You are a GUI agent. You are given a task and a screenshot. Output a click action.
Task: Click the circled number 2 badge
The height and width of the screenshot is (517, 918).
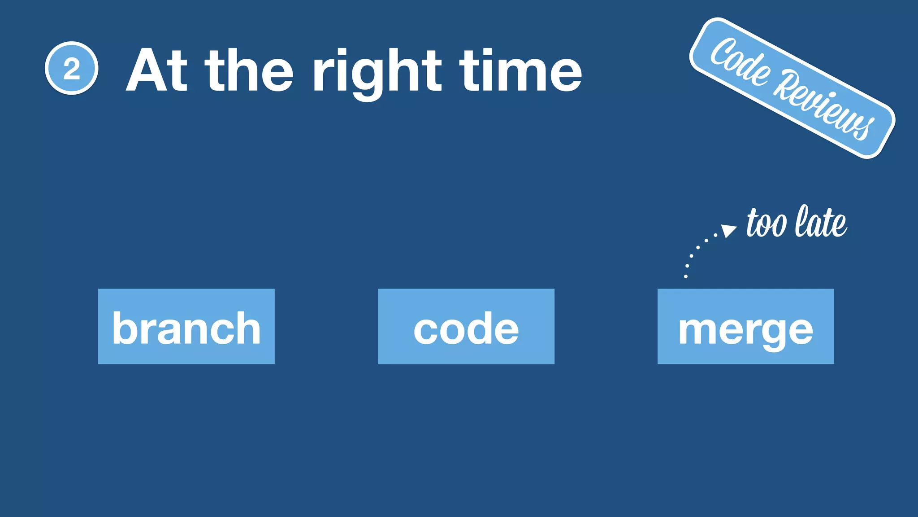pos(72,68)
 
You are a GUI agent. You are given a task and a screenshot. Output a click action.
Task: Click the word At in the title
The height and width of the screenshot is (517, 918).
pos(156,70)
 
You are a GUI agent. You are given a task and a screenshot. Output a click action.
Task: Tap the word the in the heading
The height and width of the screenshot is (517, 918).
pos(249,70)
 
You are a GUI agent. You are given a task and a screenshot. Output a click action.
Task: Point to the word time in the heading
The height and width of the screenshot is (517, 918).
pos(520,70)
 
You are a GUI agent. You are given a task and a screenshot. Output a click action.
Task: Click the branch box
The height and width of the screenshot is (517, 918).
pos(186,326)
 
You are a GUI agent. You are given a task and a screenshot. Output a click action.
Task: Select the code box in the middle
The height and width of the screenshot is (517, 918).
pos(466,326)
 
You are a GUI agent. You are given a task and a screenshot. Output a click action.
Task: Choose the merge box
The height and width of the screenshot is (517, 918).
pos(745,326)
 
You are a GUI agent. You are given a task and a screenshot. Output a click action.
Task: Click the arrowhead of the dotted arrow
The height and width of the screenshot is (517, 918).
pos(729,230)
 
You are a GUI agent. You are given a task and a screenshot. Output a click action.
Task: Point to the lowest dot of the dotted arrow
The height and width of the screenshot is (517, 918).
pos(685,276)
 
